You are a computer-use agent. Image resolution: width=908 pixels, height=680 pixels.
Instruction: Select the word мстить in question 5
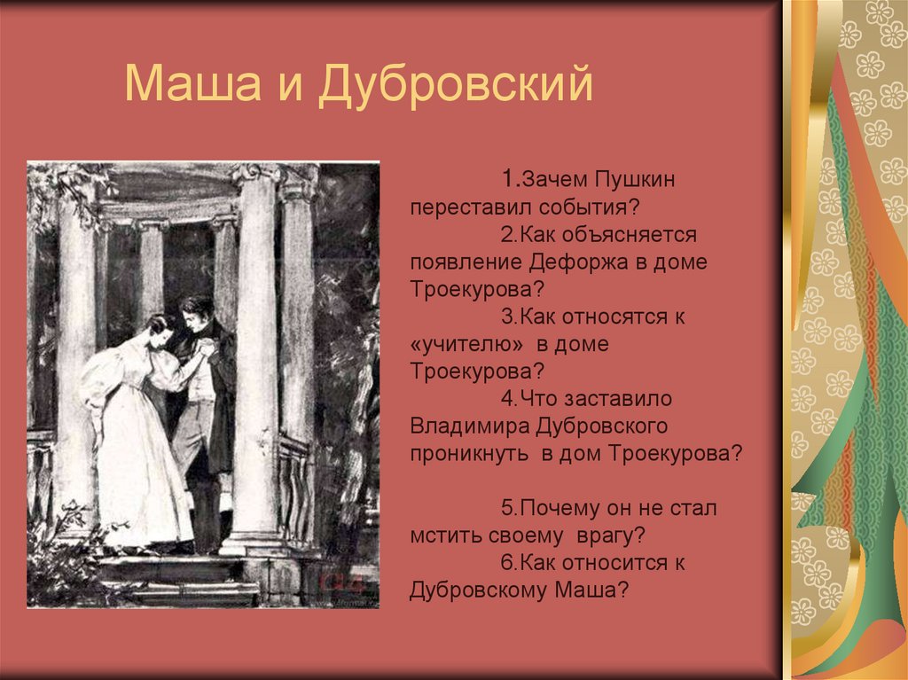tap(437, 535)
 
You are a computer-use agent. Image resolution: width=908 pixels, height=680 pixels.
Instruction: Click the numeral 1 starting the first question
tap(506, 181)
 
